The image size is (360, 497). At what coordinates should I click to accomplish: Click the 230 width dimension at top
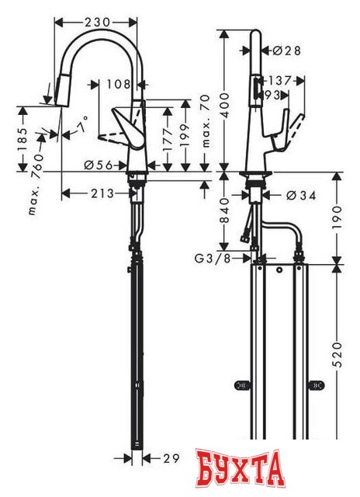(96, 23)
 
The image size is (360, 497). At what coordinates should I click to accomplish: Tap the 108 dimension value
(119, 82)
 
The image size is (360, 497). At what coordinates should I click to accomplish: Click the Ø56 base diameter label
(95, 165)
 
